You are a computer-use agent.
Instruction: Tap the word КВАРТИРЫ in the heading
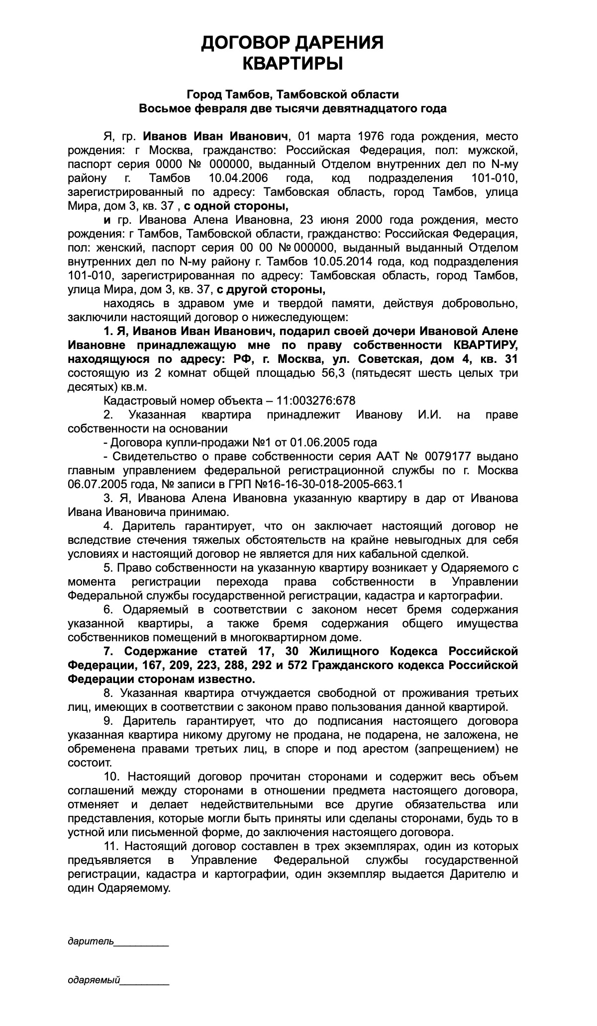[293, 64]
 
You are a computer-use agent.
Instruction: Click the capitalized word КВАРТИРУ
[486, 345]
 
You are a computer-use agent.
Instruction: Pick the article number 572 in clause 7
[294, 665]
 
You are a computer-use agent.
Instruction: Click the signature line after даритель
[142, 941]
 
